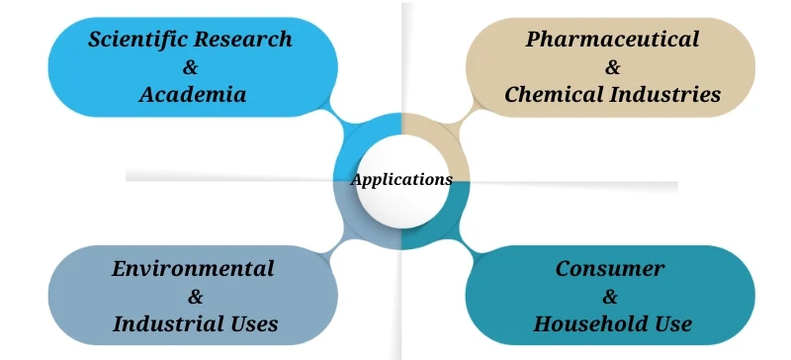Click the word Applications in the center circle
401,180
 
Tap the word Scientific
134,40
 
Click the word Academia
192,95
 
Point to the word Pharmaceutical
612,40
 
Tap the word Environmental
193,268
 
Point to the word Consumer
610,268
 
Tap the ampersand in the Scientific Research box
192,67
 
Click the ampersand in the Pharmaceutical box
612,67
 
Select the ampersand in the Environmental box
195,296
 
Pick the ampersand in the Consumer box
610,296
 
